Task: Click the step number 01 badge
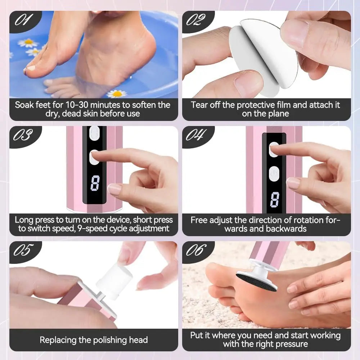[x=23, y=20]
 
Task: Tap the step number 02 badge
[x=196, y=20]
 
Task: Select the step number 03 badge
[x=23, y=135]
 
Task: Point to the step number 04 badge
[x=196, y=135]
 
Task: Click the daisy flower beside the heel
[x=117, y=94]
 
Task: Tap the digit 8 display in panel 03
[x=95, y=184]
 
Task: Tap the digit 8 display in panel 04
[x=275, y=199]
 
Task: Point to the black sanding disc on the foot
[x=256, y=282]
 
